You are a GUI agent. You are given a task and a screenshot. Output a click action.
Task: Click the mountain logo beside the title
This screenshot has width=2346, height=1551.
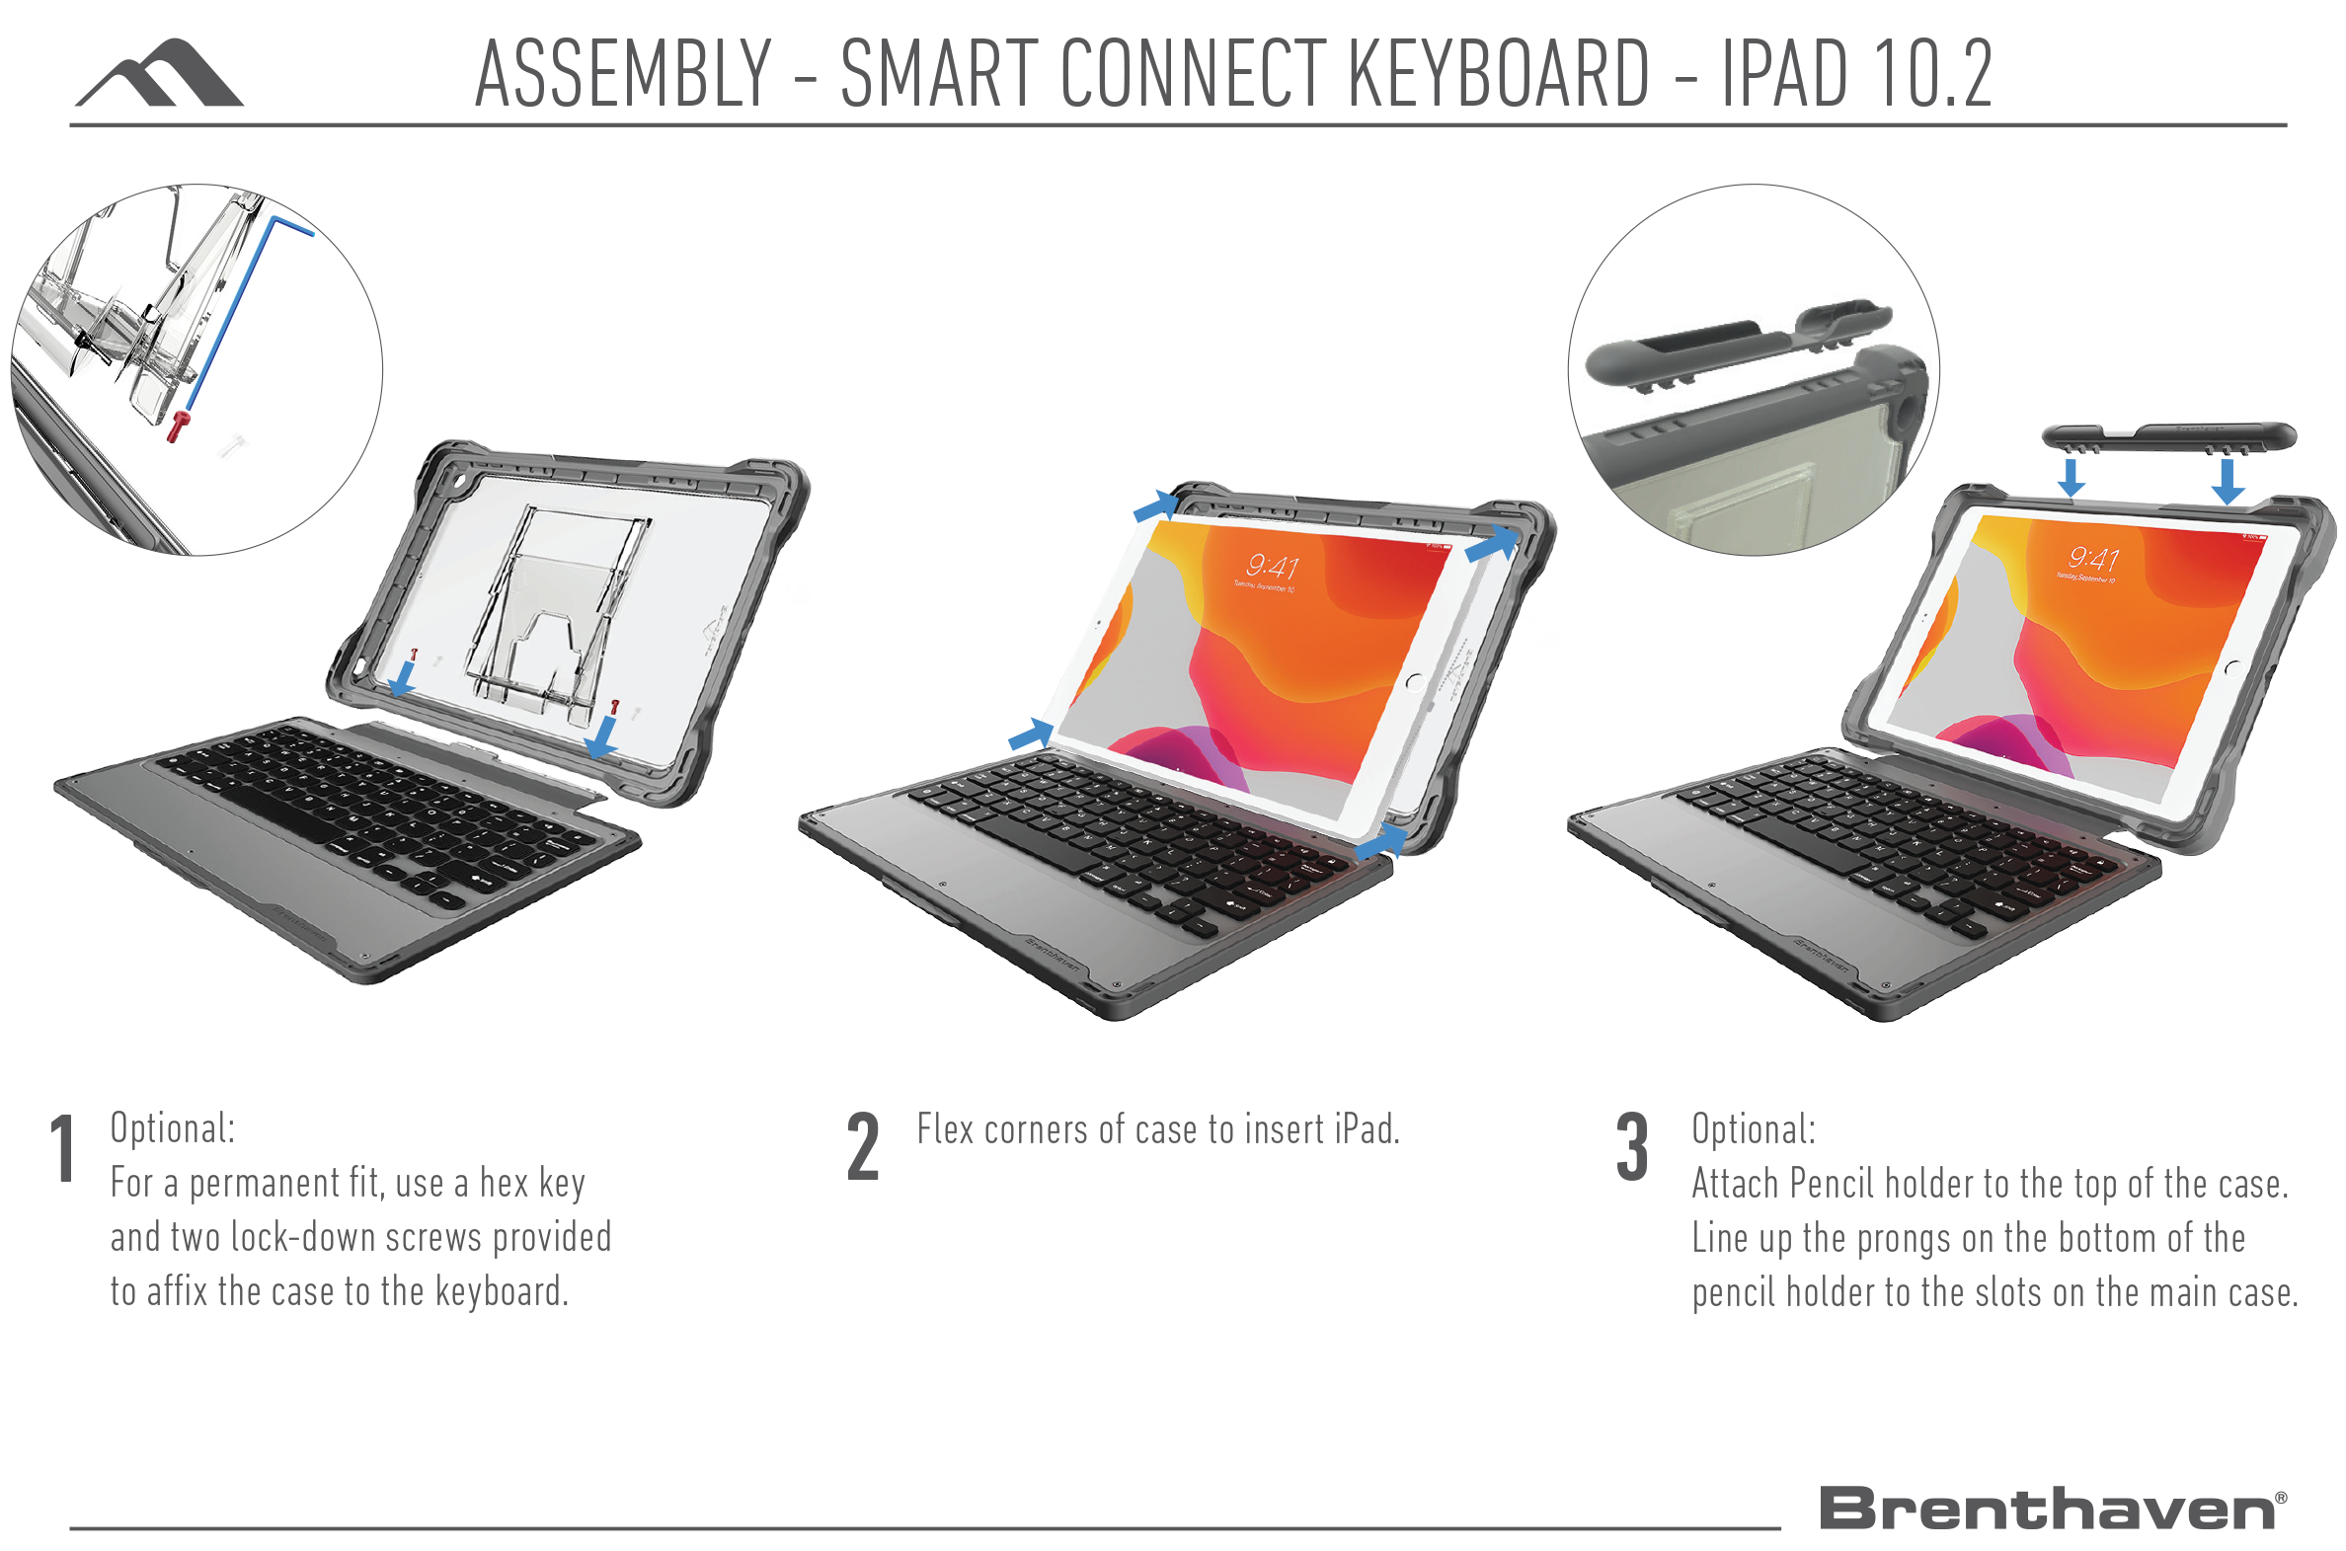(x=160, y=73)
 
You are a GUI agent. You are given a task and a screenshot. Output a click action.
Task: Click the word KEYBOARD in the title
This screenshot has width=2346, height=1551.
(x=1498, y=73)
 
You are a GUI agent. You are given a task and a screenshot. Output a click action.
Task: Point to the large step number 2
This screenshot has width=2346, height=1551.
(x=862, y=1147)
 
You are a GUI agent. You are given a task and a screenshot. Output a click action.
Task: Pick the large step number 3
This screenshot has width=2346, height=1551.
(x=1632, y=1147)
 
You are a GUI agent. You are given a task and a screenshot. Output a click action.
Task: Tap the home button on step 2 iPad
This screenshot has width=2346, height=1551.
(x=1414, y=681)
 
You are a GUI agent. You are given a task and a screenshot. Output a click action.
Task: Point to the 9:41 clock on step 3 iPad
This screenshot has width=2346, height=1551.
(x=2093, y=559)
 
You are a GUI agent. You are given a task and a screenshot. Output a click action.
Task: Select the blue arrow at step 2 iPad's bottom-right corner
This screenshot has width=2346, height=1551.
(x=1381, y=841)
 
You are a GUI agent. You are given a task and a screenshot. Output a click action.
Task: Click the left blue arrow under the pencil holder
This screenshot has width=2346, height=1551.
(x=2072, y=478)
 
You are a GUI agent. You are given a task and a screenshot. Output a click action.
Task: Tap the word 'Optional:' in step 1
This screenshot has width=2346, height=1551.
(x=173, y=1128)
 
